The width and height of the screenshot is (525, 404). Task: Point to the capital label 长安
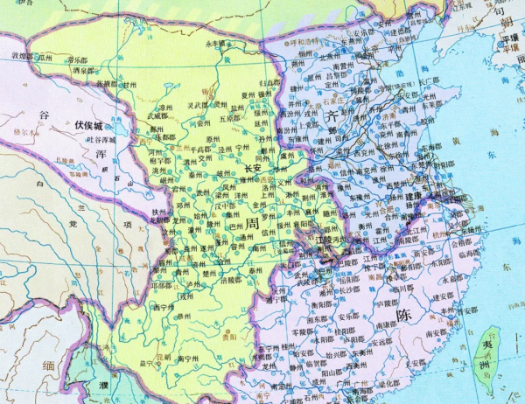point(253,169)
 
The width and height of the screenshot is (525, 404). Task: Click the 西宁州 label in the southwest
point(164,307)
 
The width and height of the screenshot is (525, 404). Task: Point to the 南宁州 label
point(191,359)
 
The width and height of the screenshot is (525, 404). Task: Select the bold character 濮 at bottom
point(103,386)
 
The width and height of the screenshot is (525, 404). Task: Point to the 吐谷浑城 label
point(97,139)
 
